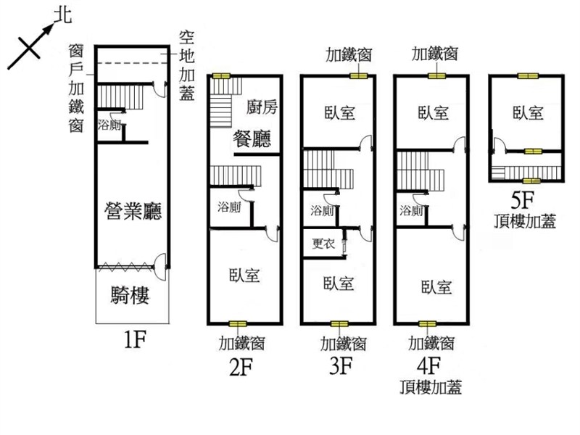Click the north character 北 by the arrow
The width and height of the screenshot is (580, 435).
click(x=62, y=16)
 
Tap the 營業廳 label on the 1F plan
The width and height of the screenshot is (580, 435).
click(x=133, y=211)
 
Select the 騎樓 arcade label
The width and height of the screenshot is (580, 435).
click(x=130, y=295)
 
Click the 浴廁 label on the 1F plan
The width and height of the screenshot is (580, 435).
click(x=109, y=125)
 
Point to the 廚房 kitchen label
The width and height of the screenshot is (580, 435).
click(x=262, y=107)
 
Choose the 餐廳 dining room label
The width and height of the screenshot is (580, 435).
click(x=252, y=139)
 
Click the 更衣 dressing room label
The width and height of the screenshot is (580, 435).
click(x=323, y=244)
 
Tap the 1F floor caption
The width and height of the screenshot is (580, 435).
click(x=135, y=339)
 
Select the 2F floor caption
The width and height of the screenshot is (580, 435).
click(x=241, y=367)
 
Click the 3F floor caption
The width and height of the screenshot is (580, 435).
click(x=341, y=365)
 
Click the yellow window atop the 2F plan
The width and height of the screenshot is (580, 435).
click(x=221, y=76)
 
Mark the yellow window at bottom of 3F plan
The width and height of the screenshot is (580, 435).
click(x=339, y=324)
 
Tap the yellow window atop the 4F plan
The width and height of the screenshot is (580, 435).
click(x=437, y=76)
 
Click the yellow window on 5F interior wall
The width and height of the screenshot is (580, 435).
click(x=533, y=152)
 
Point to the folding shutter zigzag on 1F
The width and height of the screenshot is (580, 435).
click(x=126, y=266)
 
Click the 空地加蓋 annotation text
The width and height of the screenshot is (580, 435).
click(x=187, y=65)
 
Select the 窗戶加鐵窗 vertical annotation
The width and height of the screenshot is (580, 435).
click(x=76, y=88)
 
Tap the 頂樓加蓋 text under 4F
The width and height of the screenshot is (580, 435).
click(x=431, y=387)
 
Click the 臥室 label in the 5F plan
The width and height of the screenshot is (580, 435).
click(x=528, y=113)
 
